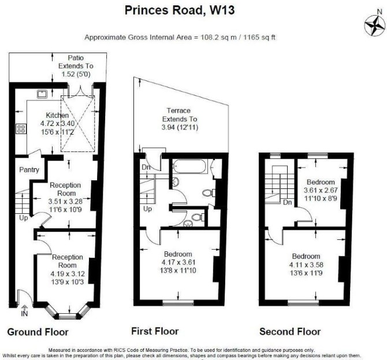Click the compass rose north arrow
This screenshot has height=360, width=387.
pos(375,25)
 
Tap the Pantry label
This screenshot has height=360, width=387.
pos(29,170)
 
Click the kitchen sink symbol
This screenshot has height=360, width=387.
pos(42,94)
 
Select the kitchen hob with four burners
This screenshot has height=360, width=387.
pos(21,129)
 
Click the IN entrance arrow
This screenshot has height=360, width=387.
pos(24,311)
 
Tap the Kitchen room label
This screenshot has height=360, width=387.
pos(57,116)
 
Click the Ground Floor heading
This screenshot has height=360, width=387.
pos(38,332)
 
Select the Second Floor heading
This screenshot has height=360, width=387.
pos(290,332)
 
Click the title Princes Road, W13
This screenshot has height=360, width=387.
pos(180,10)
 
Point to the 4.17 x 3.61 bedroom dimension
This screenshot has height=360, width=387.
pos(178,262)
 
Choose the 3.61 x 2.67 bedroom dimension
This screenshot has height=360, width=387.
pos(321,190)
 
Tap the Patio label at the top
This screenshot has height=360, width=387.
pos(76,58)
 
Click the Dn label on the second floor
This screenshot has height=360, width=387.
pos(288,202)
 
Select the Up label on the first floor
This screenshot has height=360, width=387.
pos(148,209)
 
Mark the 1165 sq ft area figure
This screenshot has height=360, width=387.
pos(259,38)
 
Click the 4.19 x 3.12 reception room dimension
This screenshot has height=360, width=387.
pos(68,273)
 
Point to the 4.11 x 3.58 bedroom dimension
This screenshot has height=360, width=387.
pos(306,265)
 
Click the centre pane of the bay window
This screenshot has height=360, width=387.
pos(68,316)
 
